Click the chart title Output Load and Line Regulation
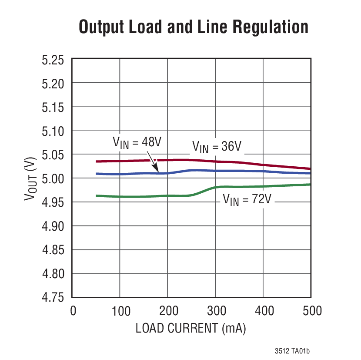tap(194, 27)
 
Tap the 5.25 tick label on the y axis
tap(53, 59)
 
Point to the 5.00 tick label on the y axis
tap(53, 178)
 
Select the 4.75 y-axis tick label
tap(53, 298)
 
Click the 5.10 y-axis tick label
tap(53, 131)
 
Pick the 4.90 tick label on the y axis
tap(53, 226)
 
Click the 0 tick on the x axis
tap(73, 311)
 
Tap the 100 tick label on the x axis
tap(120, 311)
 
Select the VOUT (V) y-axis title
tap(31, 178)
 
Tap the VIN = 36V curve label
tap(216, 147)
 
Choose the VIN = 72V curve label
tap(247, 200)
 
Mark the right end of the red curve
tap(310, 169)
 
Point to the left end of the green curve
tap(97, 196)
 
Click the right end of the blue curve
tap(310, 173)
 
